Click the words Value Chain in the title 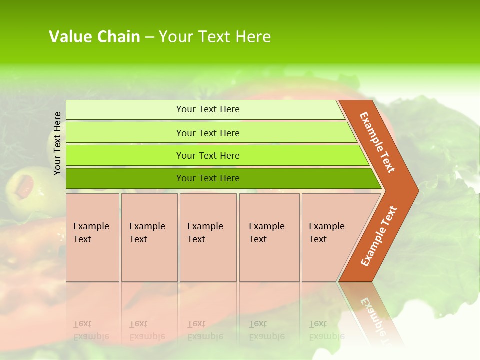click(x=94, y=37)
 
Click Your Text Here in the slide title click(x=215, y=37)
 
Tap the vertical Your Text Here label click(x=58, y=143)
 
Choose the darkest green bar click(x=125, y=178)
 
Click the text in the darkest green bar click(x=208, y=178)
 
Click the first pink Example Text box click(x=92, y=237)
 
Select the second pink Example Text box click(x=149, y=237)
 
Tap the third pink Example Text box click(x=208, y=237)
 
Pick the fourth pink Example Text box click(x=269, y=237)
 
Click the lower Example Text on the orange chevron click(x=379, y=236)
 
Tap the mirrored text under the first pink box click(x=91, y=330)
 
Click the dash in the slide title click(x=149, y=37)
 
